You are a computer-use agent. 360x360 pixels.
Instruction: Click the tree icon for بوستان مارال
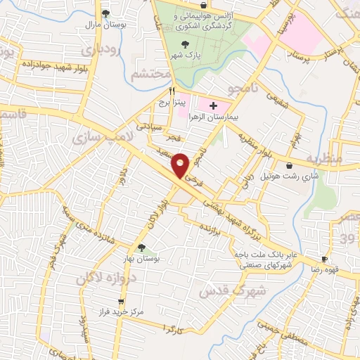click(105, 13)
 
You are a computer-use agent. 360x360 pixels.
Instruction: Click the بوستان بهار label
click(143, 259)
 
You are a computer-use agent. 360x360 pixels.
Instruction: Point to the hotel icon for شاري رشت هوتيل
click(270, 165)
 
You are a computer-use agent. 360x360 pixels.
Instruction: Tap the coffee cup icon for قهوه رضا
click(325, 259)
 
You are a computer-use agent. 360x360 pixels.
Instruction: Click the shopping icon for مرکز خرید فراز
click(102, 300)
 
